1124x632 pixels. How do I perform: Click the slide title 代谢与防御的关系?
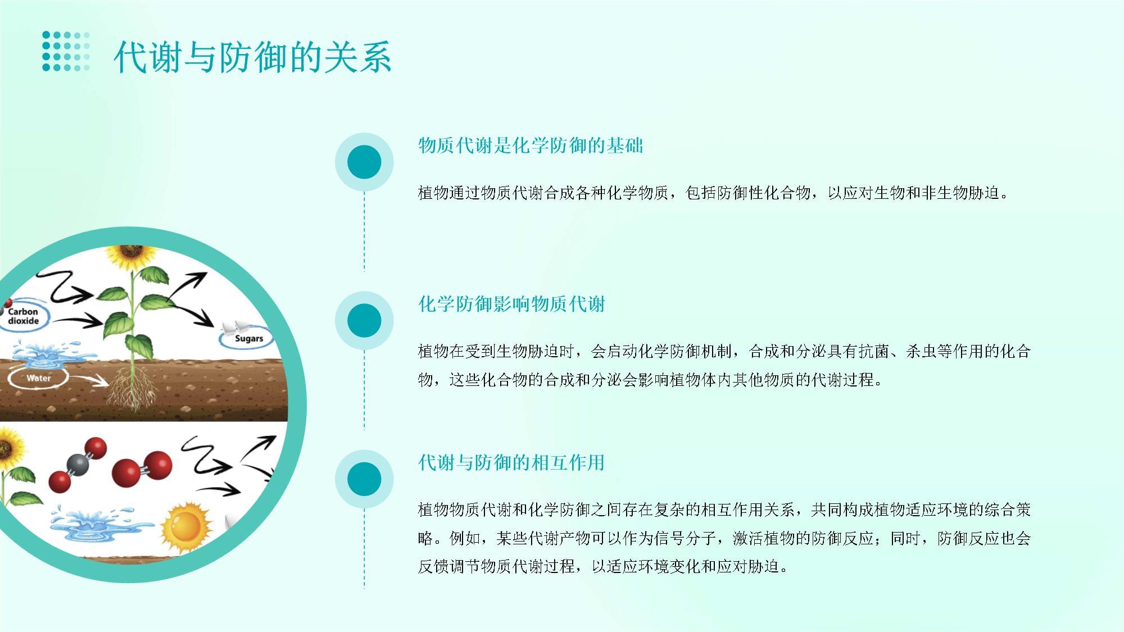click(x=252, y=57)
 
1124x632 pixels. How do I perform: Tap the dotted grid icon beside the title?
click(x=66, y=52)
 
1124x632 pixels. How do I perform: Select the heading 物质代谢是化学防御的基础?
click(x=531, y=146)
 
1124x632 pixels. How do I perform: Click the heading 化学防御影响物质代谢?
click(x=511, y=304)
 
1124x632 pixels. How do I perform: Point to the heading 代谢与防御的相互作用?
click(x=511, y=462)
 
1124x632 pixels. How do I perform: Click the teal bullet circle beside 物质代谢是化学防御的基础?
click(x=364, y=162)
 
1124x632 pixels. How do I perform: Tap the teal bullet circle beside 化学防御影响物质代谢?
click(x=364, y=321)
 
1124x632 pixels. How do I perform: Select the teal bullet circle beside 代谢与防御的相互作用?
click(x=364, y=479)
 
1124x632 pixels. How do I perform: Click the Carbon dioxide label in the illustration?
click(x=24, y=316)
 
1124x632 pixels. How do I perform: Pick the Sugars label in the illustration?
click(x=248, y=339)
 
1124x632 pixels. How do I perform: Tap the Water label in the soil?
click(x=38, y=378)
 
